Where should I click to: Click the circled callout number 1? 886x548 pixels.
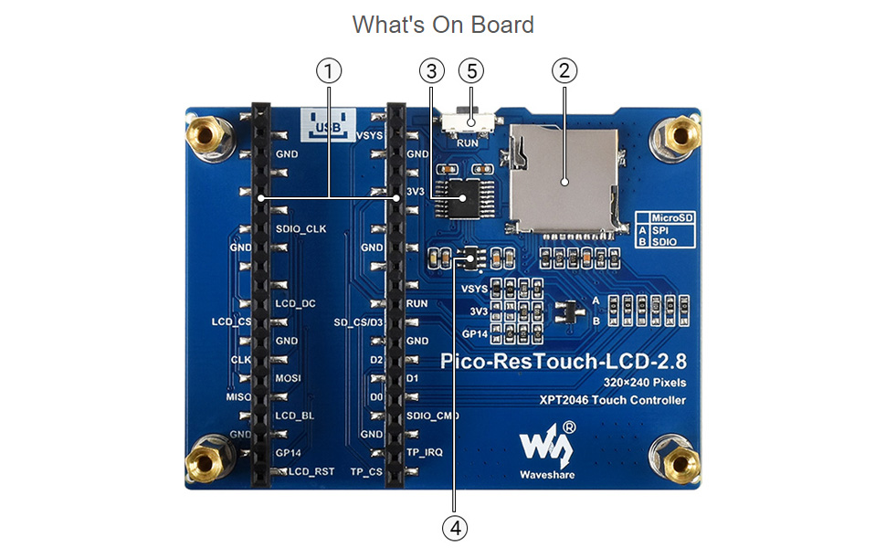coord(329,70)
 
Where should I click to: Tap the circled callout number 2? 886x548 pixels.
coord(564,70)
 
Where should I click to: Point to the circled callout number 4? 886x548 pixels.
coord(454,526)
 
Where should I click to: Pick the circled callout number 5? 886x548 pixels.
coord(471,70)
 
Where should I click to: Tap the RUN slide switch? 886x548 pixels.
coord(469,122)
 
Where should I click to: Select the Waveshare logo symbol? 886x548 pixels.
coord(546,444)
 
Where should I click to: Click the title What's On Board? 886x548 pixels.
coord(443,25)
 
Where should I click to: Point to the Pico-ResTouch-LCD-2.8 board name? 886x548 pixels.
coord(564,361)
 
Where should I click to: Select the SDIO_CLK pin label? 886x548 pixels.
coord(301,228)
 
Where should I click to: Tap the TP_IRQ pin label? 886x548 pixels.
coord(424,453)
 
